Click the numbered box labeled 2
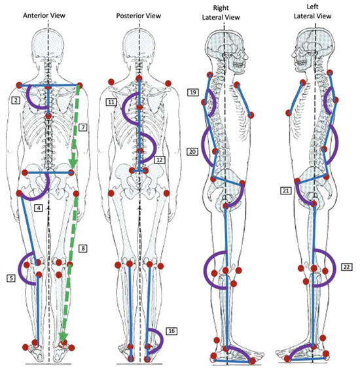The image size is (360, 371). tap(15, 100)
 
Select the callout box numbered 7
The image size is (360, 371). tap(83, 126)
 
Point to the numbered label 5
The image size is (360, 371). tap(11, 278)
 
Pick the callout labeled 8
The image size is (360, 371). tap(83, 248)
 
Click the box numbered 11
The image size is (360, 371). tap(112, 103)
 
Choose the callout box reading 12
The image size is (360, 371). tap(160, 159)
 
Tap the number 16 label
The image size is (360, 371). tap(171, 331)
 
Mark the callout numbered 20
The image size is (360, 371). tap(193, 150)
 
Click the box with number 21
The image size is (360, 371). tap(285, 190)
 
